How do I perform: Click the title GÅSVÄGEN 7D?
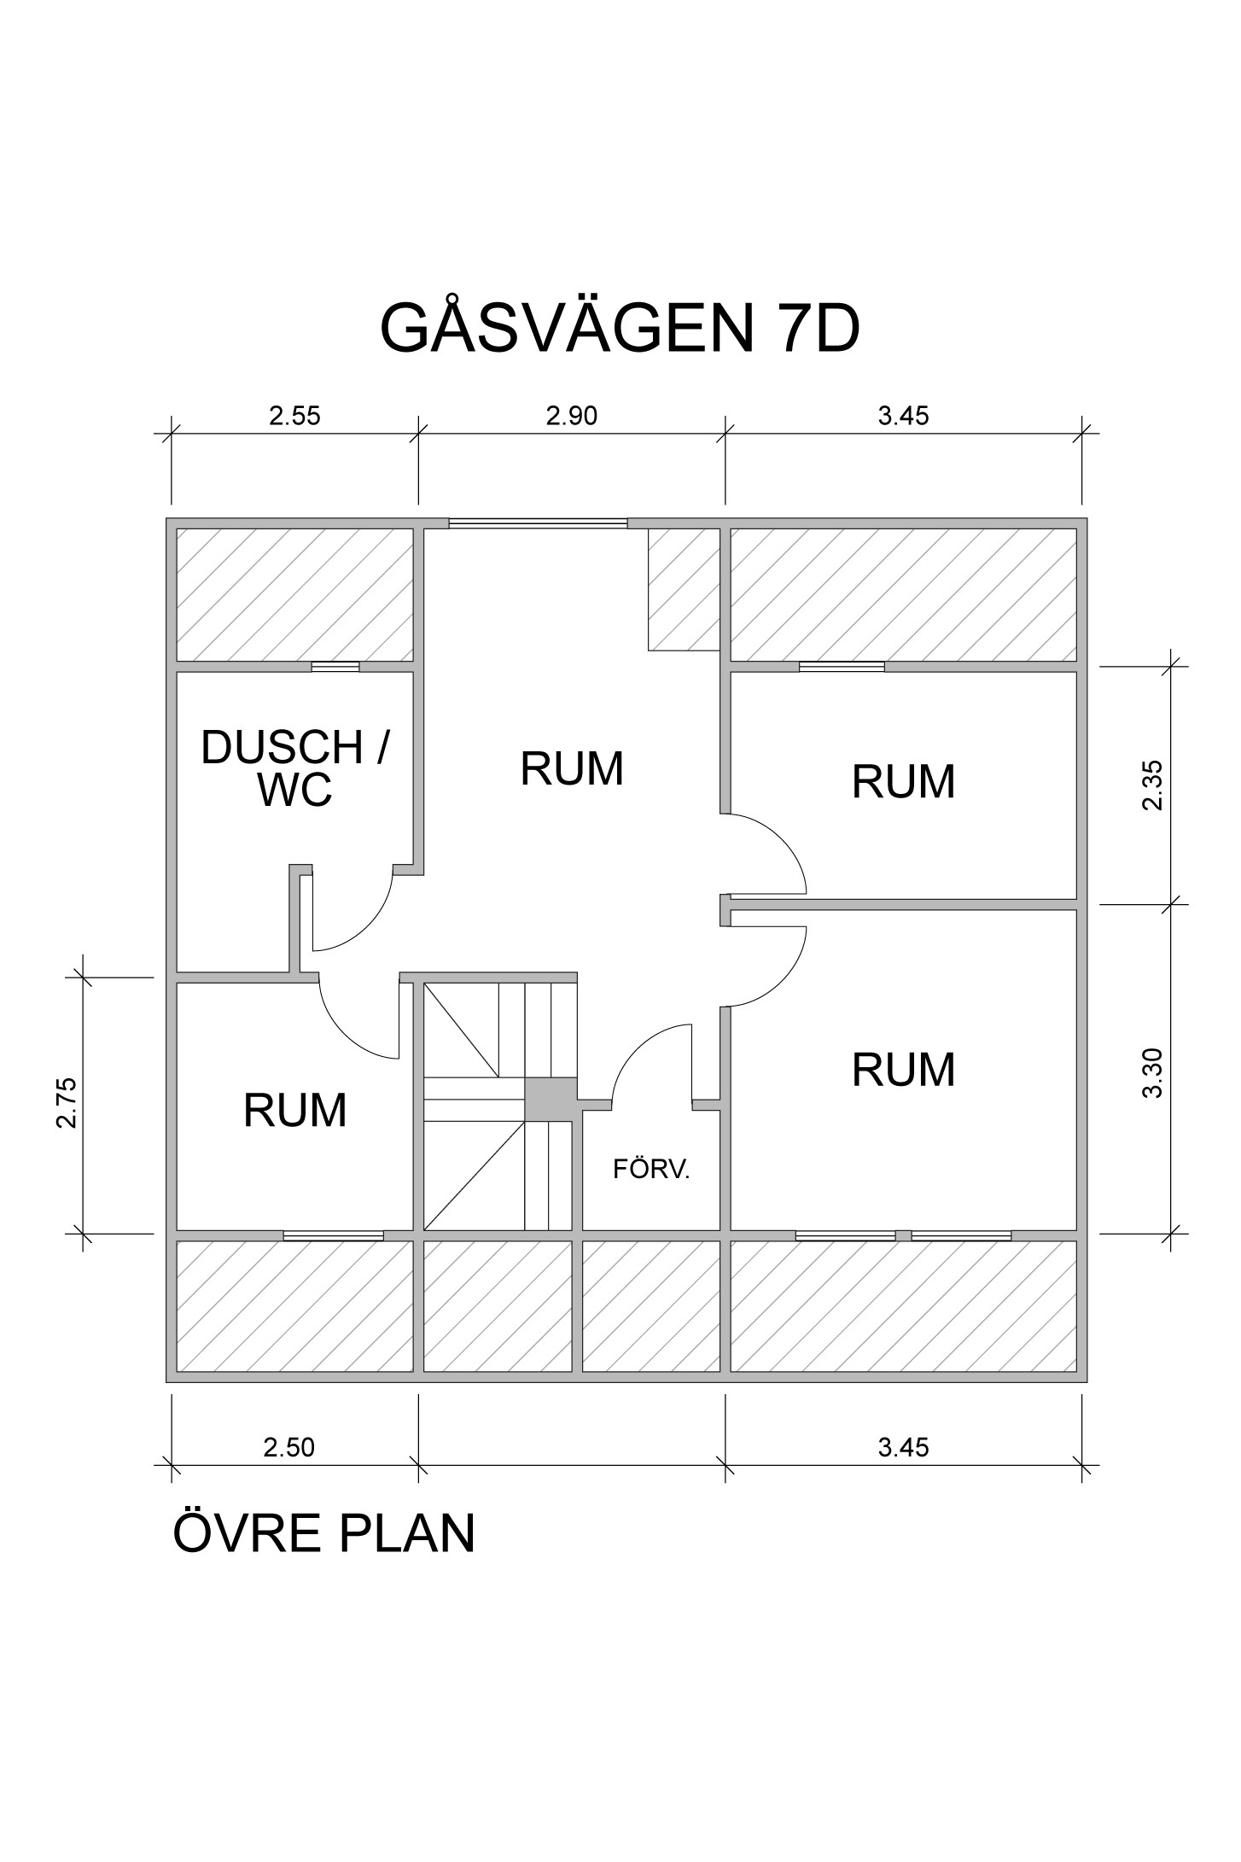click(x=619, y=328)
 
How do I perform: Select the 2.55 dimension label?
click(x=294, y=416)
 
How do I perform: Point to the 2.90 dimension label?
click(x=571, y=416)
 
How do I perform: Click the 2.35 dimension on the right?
click(x=1153, y=785)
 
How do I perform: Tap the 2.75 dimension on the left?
click(x=67, y=1103)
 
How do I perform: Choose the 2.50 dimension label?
click(x=288, y=1447)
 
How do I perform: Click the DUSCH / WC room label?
click(x=294, y=768)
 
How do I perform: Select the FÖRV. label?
click(x=650, y=1170)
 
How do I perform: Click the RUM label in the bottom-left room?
click(x=294, y=1111)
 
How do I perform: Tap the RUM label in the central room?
click(x=572, y=768)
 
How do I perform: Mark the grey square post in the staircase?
click(x=551, y=1100)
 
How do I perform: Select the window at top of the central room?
click(x=538, y=523)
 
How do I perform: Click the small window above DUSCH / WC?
click(x=335, y=667)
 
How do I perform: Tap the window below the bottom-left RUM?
click(x=333, y=1235)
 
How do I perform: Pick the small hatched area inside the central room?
click(x=683, y=589)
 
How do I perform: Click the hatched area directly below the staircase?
click(x=498, y=1306)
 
